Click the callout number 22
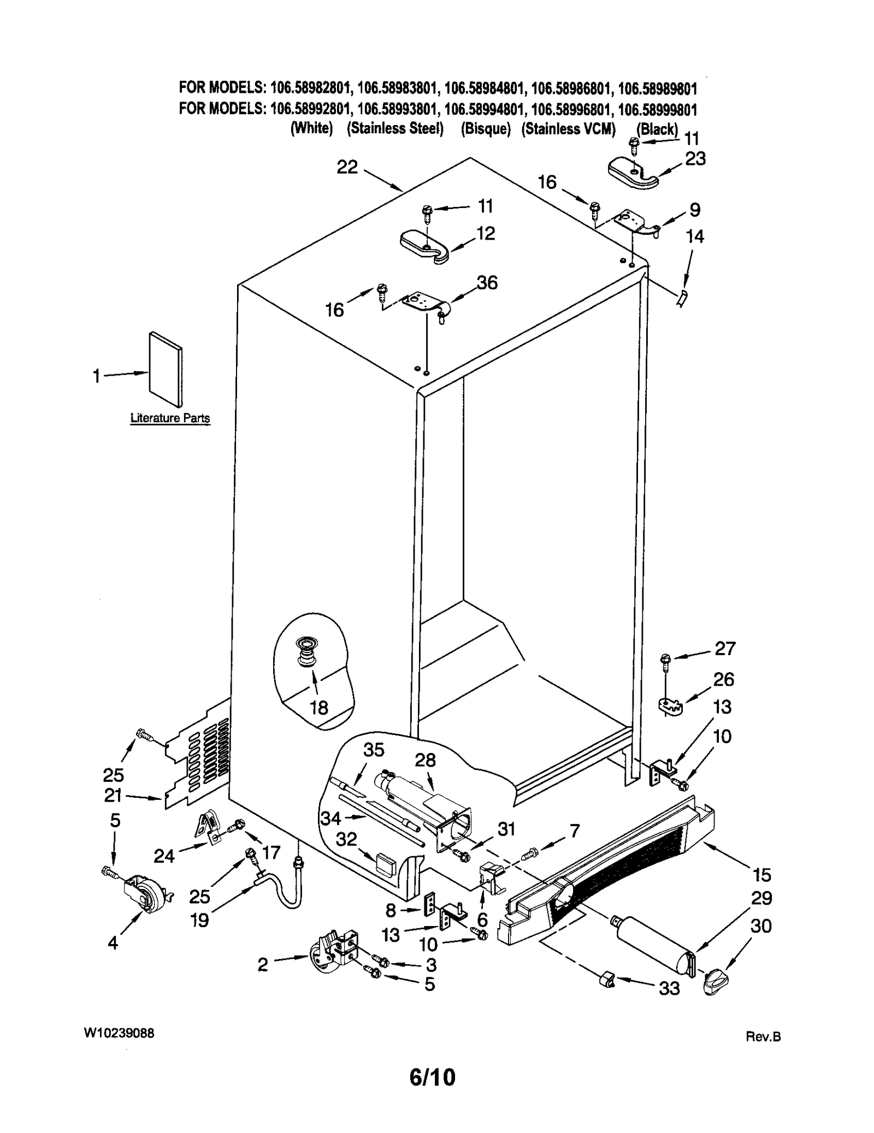[347, 167]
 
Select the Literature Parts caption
[170, 418]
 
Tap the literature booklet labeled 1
[166, 369]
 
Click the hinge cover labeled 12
[424, 247]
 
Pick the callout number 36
[487, 282]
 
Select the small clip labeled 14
[681, 298]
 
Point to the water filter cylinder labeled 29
[653, 948]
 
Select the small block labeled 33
[606, 979]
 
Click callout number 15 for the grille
[761, 875]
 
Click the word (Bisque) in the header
[485, 129]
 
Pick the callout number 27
[725, 648]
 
